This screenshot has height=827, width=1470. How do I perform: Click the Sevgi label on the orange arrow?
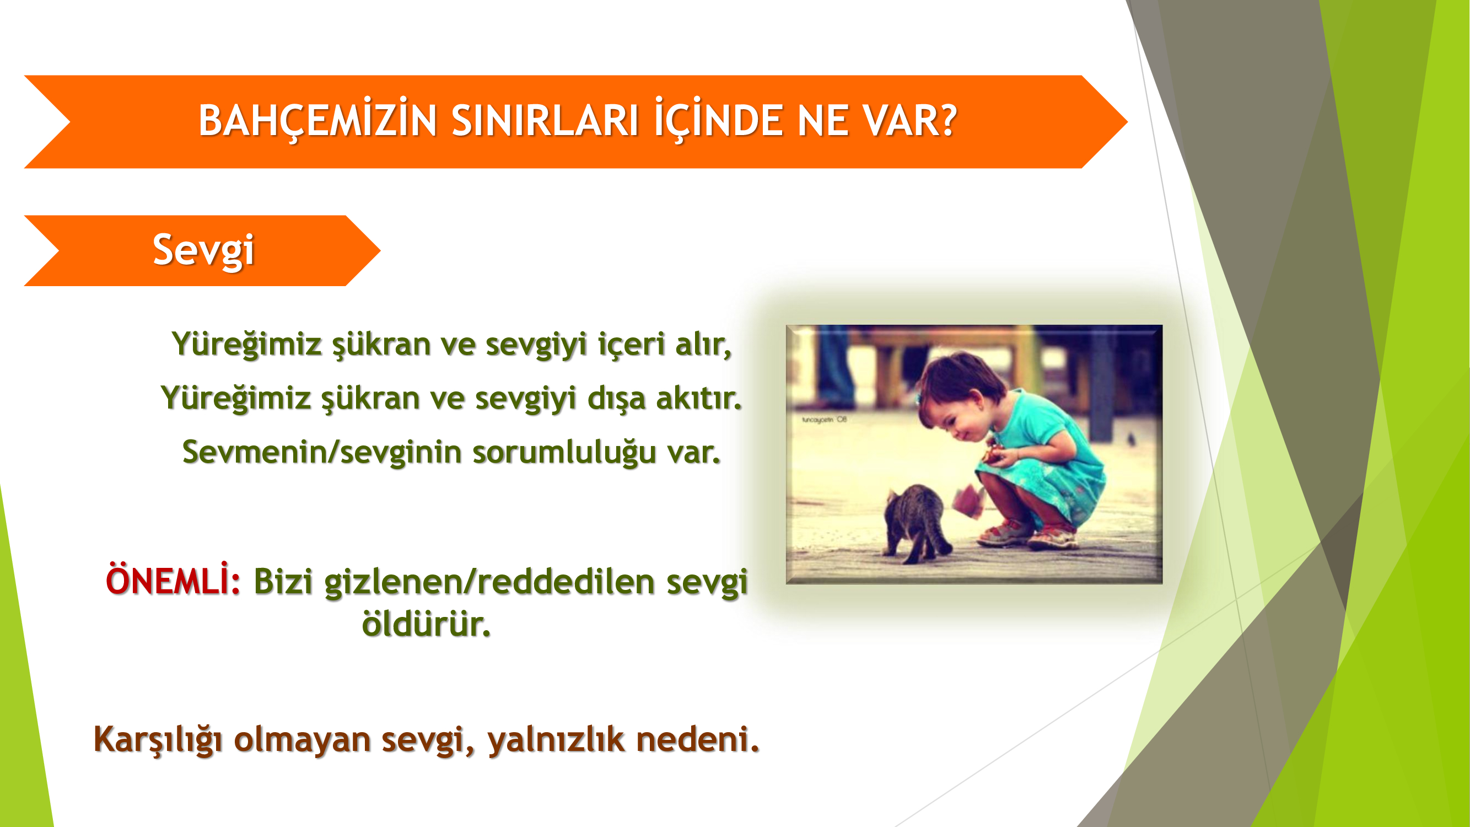tap(203, 250)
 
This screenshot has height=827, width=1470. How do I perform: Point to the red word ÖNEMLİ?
tap(173, 580)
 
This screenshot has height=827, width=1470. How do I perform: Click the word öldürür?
tap(426, 623)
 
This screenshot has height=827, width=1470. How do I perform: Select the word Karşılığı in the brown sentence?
tap(158, 740)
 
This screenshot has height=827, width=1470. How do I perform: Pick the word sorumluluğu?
tap(564, 453)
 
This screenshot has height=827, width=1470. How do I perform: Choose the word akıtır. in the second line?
tap(699, 398)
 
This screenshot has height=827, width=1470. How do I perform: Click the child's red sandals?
tap(1027, 534)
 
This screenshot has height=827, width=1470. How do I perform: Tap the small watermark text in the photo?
tap(824, 420)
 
